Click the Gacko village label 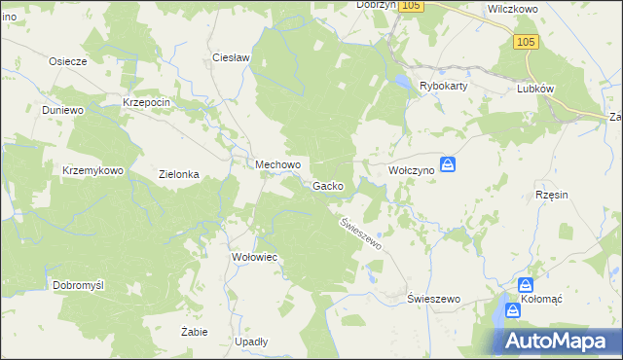(x=328, y=186)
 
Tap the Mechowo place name (x=277, y=165)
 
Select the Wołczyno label (x=410, y=169)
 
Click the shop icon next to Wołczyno (x=447, y=165)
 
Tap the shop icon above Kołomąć (x=525, y=284)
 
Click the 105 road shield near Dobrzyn (x=412, y=6)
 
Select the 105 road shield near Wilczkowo (x=526, y=41)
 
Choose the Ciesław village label (x=233, y=57)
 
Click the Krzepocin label (x=147, y=102)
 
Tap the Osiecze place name (x=69, y=60)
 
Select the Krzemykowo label (x=92, y=170)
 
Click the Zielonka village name (x=179, y=175)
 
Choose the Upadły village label (x=251, y=342)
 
